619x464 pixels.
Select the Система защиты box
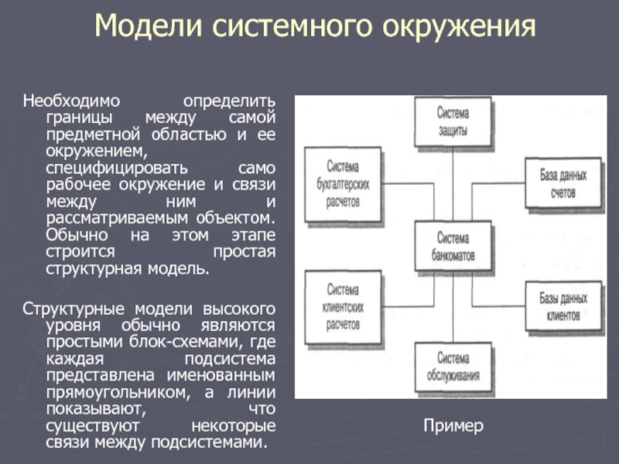point(453,122)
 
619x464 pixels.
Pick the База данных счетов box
point(563,183)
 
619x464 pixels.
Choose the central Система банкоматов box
point(453,245)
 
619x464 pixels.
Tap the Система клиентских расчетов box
point(343,307)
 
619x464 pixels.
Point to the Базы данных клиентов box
point(563,307)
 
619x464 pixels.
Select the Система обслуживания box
point(453,367)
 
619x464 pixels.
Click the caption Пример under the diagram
point(453,425)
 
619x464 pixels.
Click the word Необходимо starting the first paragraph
point(70,102)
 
